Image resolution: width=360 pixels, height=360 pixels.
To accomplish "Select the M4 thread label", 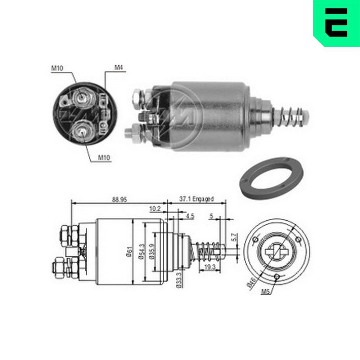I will click(118, 67).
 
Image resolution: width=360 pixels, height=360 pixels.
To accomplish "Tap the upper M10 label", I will click(57, 68).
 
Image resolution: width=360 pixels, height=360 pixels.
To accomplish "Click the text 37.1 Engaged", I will click(196, 199).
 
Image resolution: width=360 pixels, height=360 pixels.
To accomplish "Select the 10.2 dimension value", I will click(155, 208).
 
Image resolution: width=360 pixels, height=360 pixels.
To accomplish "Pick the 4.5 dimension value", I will click(190, 217).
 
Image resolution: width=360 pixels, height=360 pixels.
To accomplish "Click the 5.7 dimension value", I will click(233, 237).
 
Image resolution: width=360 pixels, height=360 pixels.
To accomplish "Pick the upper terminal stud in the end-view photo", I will click(82, 97).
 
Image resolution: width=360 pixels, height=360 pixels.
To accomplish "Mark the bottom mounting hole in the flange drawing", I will click(276, 276).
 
